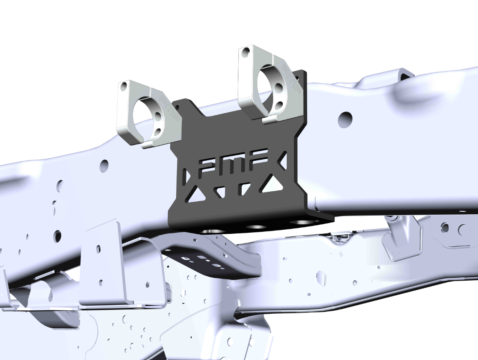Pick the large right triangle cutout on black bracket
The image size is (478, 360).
273,184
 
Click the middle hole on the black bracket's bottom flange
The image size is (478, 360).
256,227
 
